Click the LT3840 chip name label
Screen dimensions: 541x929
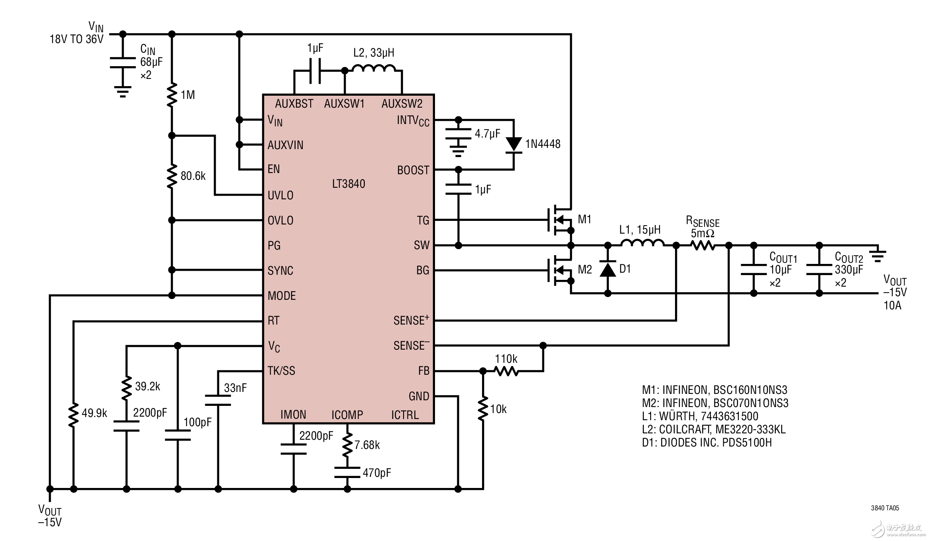[x=348, y=184]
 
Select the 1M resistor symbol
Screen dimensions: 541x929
[x=172, y=95]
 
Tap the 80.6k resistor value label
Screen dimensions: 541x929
[x=193, y=176]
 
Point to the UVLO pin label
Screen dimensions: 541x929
[x=280, y=195]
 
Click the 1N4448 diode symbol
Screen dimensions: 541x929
[x=514, y=144]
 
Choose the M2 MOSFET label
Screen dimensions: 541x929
[x=585, y=270]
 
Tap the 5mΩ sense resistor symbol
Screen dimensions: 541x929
[x=703, y=246]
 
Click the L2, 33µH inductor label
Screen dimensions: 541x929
[x=374, y=53]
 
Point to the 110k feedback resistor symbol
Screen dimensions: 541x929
[x=506, y=371]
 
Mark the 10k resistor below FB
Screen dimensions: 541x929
[x=483, y=408]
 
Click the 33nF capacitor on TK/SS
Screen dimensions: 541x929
[x=218, y=400]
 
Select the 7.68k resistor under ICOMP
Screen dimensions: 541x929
[x=347, y=445]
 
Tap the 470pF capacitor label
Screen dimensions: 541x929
[x=377, y=473]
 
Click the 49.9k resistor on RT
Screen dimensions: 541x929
[x=73, y=415]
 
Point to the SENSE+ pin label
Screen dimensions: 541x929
[x=411, y=320]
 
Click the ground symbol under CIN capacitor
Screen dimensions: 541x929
[x=123, y=92]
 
